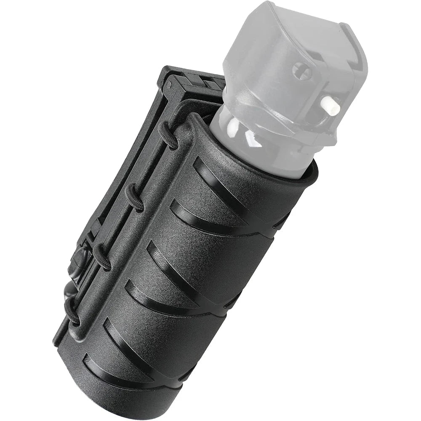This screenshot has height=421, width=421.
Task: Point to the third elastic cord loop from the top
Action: tap(102, 256)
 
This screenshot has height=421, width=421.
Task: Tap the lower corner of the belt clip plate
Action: tap(57, 339)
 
